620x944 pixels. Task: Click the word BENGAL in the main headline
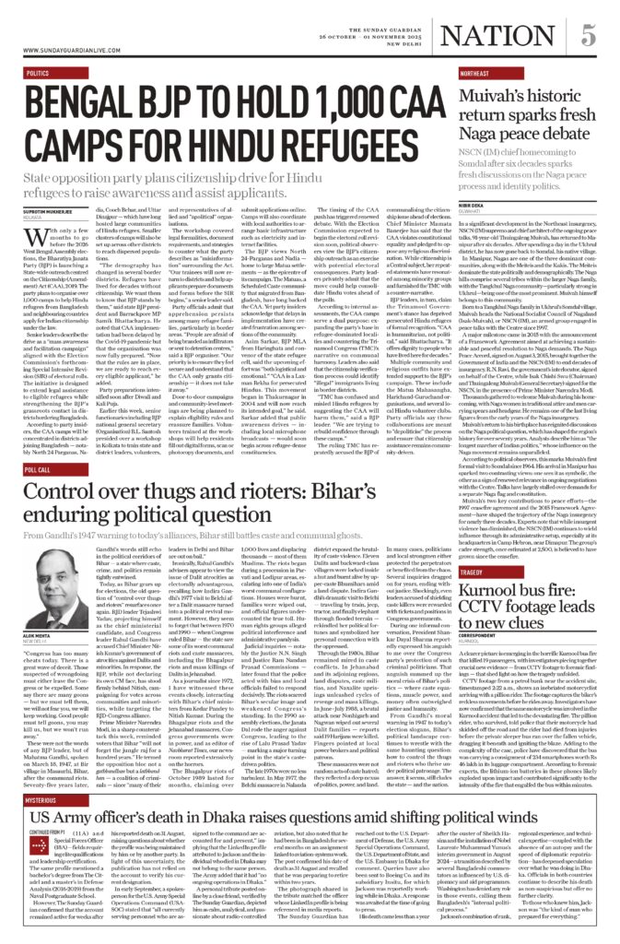[82, 99]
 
